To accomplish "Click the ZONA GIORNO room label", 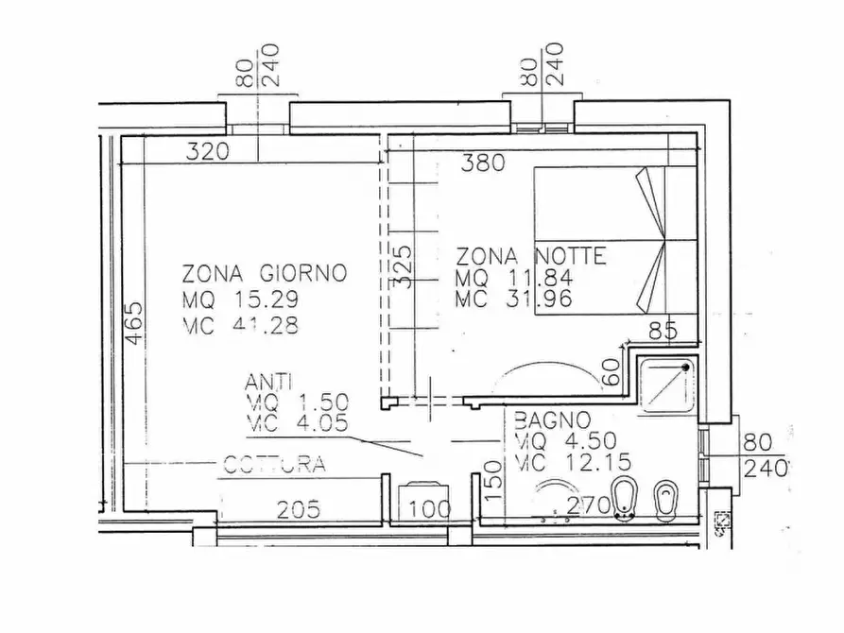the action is [x=265, y=273].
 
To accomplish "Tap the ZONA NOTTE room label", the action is [x=531, y=256].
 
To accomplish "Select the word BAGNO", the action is [x=552, y=419].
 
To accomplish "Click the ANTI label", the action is [x=268, y=382].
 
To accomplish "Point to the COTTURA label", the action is [x=274, y=464].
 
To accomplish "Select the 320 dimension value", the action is [x=207, y=152].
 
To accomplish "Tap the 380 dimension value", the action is [x=483, y=163].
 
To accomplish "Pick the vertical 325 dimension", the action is [x=403, y=267].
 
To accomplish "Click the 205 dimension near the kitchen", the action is [x=299, y=509].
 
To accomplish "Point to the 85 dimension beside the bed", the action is [x=663, y=331].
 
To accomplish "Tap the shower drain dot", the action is [x=686, y=368].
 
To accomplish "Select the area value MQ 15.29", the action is [x=240, y=299].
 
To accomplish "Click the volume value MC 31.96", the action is [x=514, y=299].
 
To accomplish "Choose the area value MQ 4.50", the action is [x=566, y=441].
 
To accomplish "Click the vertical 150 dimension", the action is [x=493, y=481].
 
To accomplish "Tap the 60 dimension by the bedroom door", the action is [x=611, y=372].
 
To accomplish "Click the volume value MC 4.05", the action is [x=297, y=423].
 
